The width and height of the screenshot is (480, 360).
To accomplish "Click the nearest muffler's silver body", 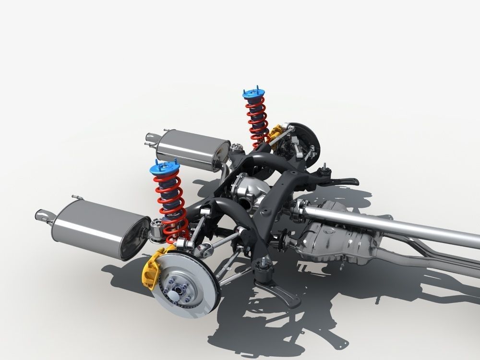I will click(x=96, y=228).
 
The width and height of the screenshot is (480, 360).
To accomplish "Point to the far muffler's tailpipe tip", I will click(x=150, y=139).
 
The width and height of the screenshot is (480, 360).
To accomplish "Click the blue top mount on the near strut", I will click(x=165, y=168).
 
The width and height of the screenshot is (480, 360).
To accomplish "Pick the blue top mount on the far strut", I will click(x=254, y=94).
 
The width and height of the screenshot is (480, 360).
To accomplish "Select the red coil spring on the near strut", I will click(x=171, y=206).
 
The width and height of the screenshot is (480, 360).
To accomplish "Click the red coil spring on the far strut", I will click(x=258, y=120).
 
